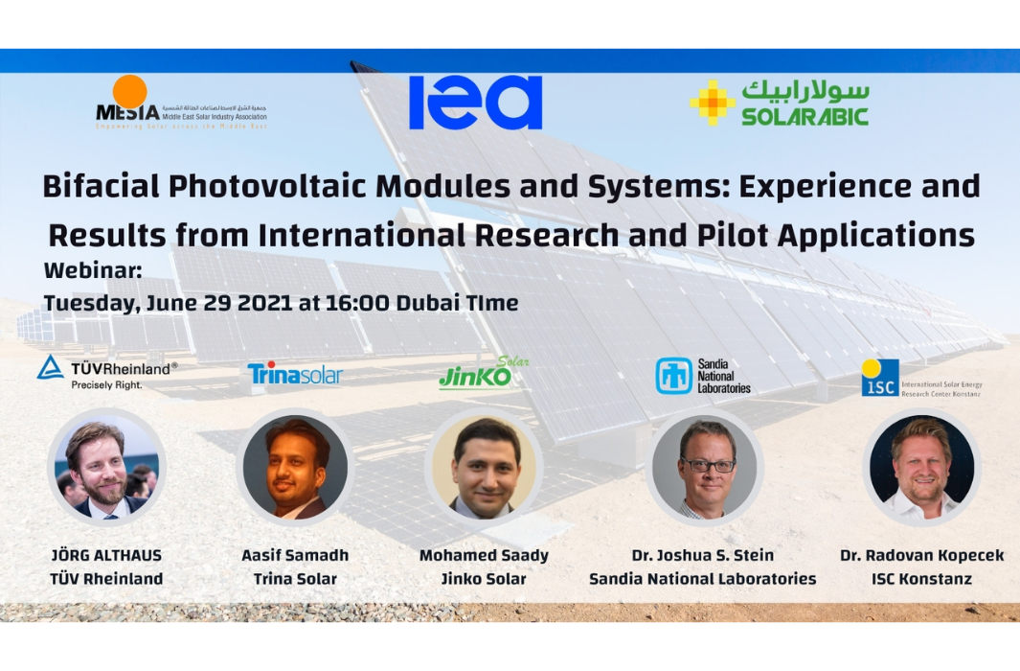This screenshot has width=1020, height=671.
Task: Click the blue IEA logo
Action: [x=475, y=103]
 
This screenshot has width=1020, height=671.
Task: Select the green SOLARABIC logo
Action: [x=779, y=103]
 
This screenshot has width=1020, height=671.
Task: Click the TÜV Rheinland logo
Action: [x=107, y=371]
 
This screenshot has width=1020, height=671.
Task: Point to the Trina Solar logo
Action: [x=294, y=374]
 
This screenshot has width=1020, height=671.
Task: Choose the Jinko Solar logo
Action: [x=483, y=374]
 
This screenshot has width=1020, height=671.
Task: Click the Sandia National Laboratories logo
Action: [x=703, y=376]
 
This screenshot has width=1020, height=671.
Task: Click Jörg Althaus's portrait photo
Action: [x=106, y=468]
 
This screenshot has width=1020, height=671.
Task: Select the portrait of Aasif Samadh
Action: [x=295, y=468]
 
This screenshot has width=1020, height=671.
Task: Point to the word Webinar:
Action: [x=93, y=271]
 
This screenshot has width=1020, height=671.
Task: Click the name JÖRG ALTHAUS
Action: [x=106, y=555]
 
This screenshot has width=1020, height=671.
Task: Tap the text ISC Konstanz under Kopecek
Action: [x=921, y=578]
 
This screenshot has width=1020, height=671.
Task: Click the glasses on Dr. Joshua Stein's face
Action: [x=707, y=465]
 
